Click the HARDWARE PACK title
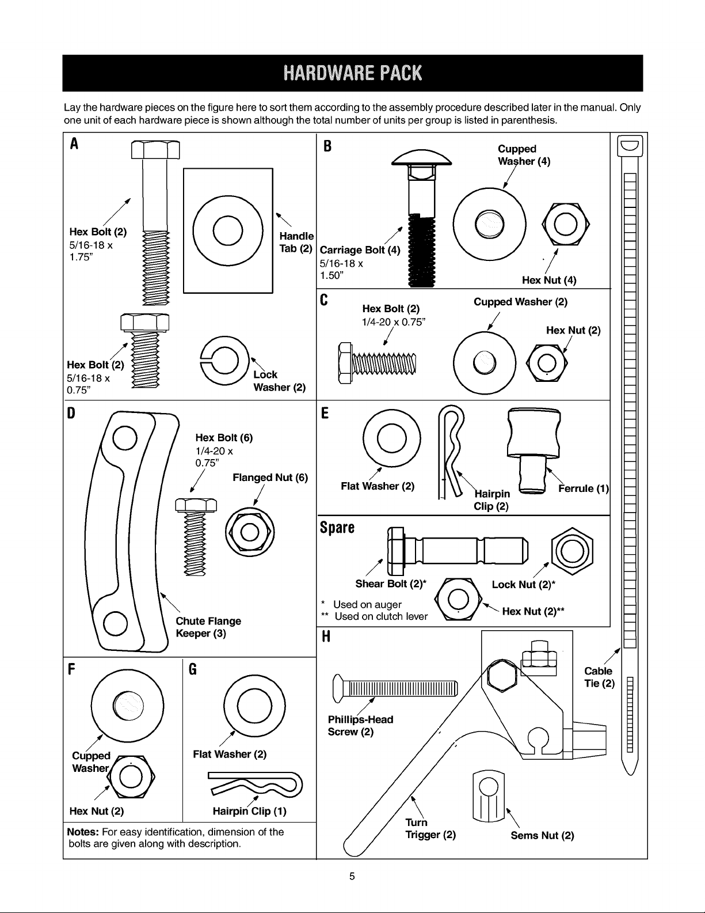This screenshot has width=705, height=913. pos(352,73)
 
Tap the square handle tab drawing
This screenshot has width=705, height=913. pos(228,230)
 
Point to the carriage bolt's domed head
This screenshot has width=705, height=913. pos(421,157)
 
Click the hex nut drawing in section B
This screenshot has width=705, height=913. pos(565,225)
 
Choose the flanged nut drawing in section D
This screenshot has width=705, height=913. pos(250,533)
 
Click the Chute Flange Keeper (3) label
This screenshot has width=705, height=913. pos(208,627)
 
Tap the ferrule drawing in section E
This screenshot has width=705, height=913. pos(533,450)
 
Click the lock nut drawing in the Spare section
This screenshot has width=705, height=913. pos(572,551)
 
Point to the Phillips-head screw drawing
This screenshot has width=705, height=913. pos(395,688)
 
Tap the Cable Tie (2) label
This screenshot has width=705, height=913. pos(599,677)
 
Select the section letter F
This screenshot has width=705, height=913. pos(72,669)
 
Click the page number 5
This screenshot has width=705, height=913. pos(352,876)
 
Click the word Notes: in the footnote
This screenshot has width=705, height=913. pos(83,832)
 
